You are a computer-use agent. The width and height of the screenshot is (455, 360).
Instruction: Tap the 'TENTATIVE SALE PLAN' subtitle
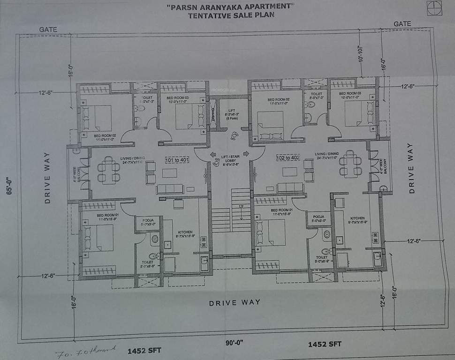tap(230, 15)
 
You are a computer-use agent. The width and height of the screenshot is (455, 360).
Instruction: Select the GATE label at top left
tap(48, 30)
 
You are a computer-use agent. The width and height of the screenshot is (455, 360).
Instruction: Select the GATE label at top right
tap(402, 23)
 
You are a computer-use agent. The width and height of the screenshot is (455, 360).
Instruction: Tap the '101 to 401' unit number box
tap(177, 160)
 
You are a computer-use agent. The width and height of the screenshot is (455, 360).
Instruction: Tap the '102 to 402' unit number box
tap(288, 157)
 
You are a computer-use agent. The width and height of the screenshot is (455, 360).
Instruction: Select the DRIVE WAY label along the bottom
tap(235, 303)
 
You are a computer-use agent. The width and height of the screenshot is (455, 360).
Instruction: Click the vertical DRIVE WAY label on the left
tap(47, 178)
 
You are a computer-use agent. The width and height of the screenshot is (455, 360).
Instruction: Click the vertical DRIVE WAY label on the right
tap(411, 168)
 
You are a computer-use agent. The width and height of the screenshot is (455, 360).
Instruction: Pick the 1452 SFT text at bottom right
tap(324, 345)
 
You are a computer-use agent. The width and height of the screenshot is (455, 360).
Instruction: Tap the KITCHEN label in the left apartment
tap(185, 232)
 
